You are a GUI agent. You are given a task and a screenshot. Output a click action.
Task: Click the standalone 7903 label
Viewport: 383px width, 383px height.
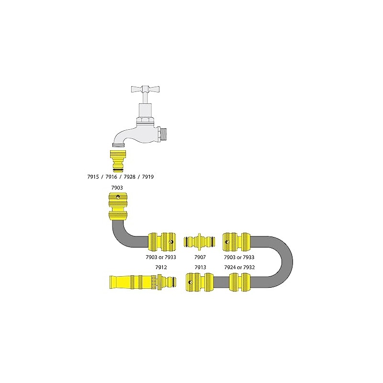click(117, 189)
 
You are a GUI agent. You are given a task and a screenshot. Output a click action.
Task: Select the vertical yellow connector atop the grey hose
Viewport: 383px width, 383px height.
click(117, 206)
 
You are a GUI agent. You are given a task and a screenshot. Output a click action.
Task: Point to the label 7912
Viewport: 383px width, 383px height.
click(161, 267)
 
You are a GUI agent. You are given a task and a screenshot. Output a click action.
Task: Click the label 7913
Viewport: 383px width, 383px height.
click(200, 267)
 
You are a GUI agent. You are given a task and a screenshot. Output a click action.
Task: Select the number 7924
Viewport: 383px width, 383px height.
click(231, 267)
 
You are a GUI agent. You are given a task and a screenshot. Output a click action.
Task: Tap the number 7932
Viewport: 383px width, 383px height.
click(249, 267)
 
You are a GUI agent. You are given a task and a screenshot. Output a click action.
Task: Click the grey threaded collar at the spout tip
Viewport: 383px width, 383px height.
click(118, 144)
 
